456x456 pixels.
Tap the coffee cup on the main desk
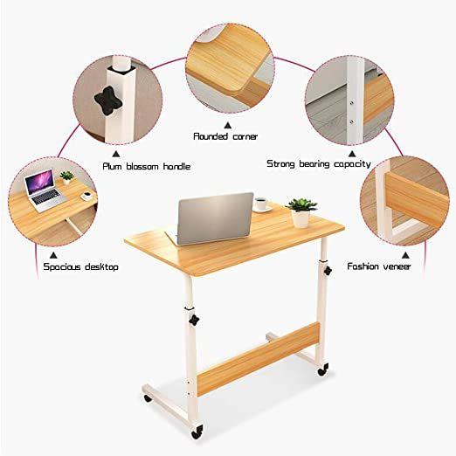pos(262,204)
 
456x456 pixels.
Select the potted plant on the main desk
pos(301,212)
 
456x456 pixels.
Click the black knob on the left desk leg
pos(194,320)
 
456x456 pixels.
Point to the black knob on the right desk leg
pos(328,271)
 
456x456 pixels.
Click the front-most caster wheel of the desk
pos(197,432)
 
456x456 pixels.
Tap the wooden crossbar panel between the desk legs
pos(259,359)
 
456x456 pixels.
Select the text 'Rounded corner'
pos(225,136)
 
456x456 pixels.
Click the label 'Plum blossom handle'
pos(147,167)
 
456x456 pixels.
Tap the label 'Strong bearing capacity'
pos(319,164)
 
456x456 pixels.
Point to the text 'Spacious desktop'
pos(80,267)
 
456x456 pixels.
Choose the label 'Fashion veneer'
pos(379,266)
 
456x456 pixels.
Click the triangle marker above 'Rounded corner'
pos(228,126)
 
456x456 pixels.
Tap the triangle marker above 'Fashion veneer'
pos(405,255)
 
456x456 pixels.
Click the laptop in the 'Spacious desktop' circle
pos(45,190)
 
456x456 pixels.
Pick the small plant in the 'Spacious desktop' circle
pos(67,177)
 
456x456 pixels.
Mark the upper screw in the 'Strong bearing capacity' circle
pos(352,102)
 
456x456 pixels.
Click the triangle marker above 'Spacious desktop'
pos(53,255)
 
